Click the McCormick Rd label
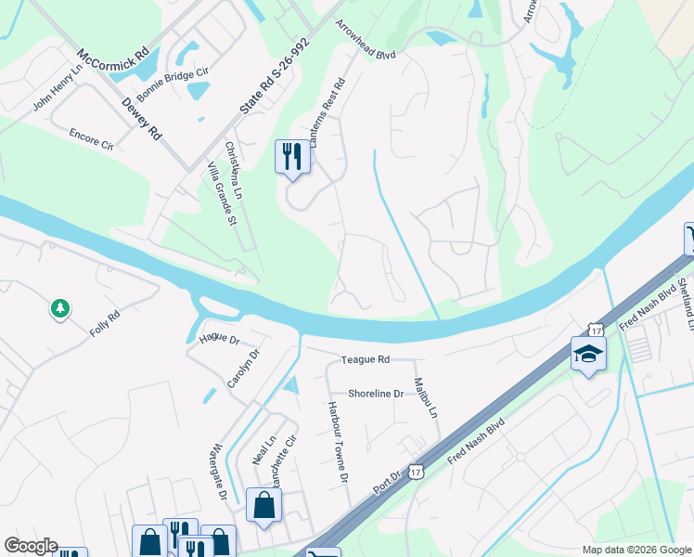[x=112, y=65]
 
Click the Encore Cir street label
[x=91, y=139]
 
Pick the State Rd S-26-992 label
[x=274, y=76]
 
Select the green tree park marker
[x=61, y=308]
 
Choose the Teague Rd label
[x=366, y=359]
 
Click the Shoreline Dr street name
[x=376, y=394]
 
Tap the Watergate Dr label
[x=220, y=473]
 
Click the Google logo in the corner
[x=31, y=546]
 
